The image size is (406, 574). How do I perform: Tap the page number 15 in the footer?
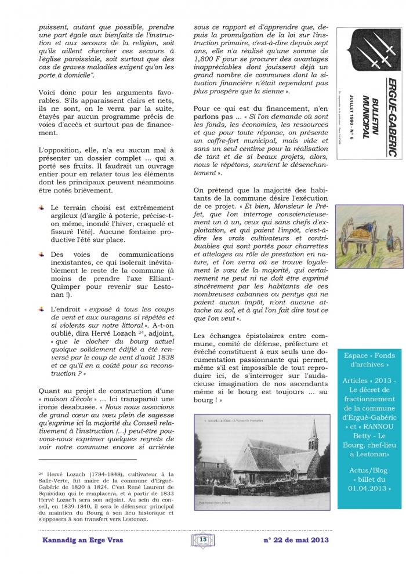(x=203, y=539)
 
